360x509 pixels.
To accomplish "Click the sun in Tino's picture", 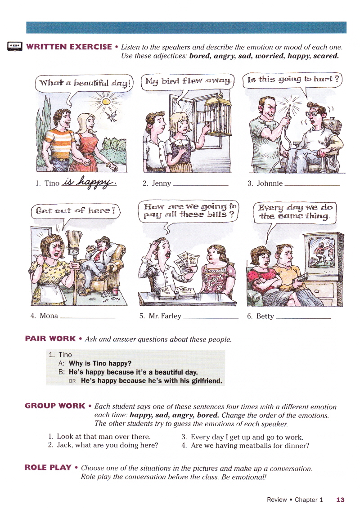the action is coord(106,102).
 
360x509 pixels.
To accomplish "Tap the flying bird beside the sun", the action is coord(112,115).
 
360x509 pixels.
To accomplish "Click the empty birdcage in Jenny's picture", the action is coord(218,115).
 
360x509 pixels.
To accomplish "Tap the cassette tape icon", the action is coord(14,46).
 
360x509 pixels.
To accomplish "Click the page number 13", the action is coord(340,500).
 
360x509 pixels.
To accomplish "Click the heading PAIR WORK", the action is coord(50,339).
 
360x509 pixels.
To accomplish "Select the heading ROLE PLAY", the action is coord(48,468).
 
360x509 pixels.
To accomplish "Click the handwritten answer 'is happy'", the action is coord(89,182).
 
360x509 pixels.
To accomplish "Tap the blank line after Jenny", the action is coord(200,185).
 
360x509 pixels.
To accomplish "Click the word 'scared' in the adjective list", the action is coord(326,55).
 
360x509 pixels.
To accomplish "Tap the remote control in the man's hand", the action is coord(302,277).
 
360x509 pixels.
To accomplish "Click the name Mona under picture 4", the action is coord(49,316).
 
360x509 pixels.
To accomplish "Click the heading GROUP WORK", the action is coord(55,406).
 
